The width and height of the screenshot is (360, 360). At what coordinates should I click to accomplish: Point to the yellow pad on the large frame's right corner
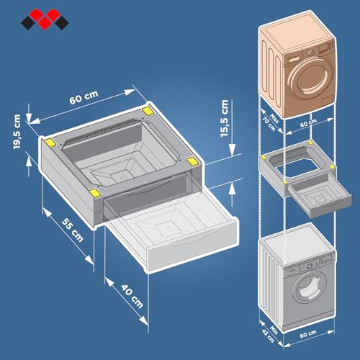pyautogui.click(x=192, y=161)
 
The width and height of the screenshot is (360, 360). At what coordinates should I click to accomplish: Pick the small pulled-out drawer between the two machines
pyautogui.click(x=310, y=194)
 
